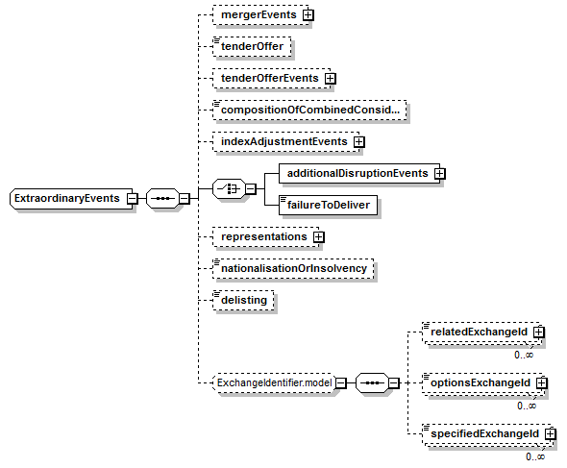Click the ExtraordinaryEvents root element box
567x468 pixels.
pyautogui.click(x=71, y=198)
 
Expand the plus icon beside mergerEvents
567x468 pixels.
pyautogui.click(x=308, y=15)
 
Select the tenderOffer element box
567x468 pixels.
pyautogui.click(x=252, y=47)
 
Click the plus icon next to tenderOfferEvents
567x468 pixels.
pyautogui.click(x=331, y=79)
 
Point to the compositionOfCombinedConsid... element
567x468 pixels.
pyautogui.click(x=309, y=110)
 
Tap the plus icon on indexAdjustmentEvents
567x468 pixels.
pyautogui.click(x=359, y=142)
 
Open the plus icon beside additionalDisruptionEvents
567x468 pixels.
pyautogui.click(x=440, y=174)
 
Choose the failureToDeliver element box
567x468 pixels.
pyautogui.click(x=328, y=205)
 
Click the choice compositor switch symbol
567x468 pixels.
pyautogui.click(x=230, y=188)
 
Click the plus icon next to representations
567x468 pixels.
pyautogui.click(x=318, y=237)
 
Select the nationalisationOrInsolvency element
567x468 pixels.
pyautogui.click(x=293, y=269)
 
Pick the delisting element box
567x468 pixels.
pyautogui.click(x=243, y=300)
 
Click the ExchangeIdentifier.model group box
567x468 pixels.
pyautogui.click(x=275, y=383)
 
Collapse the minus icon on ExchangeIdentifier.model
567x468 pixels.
pyautogui.click(x=341, y=383)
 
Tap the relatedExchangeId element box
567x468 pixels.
pyautogui.click(x=482, y=332)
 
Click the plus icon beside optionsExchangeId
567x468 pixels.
pyautogui.click(x=542, y=383)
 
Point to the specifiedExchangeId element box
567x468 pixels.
pyautogui.click(x=488, y=434)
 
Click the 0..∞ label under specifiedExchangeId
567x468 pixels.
pyautogui.click(x=535, y=456)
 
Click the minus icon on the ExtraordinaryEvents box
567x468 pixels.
pyautogui.click(x=133, y=198)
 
